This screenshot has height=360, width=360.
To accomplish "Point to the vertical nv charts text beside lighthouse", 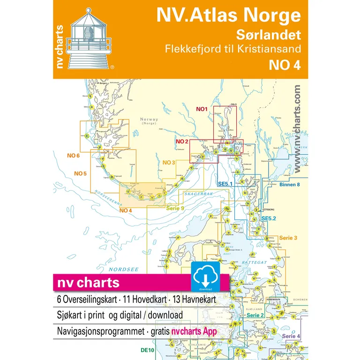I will tap(60, 46).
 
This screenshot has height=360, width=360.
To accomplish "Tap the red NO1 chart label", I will tap(202, 110).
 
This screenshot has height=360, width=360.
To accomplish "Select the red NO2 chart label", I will tap(182, 141).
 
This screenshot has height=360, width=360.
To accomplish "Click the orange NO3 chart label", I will tap(169, 163).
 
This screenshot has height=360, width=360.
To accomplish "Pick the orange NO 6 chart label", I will tap(74, 156).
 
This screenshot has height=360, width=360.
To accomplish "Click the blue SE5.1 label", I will tap(226, 184).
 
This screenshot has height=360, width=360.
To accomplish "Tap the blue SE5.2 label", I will tap(270, 219).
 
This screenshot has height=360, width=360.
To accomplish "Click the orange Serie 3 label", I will tap(288, 239).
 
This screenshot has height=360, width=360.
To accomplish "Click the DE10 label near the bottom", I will tap(147, 350).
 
